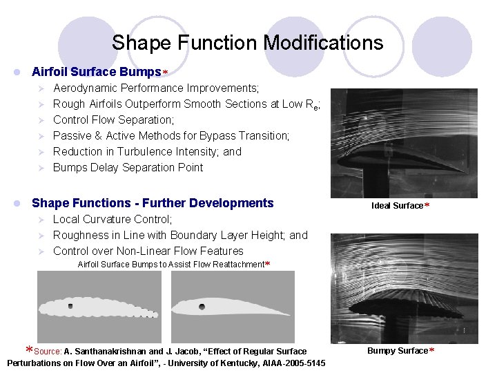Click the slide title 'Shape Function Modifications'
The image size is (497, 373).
[247, 43]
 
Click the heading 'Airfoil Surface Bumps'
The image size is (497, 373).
[96, 72]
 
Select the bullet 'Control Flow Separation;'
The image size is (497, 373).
[113, 119]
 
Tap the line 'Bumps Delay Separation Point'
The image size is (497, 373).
[128, 167]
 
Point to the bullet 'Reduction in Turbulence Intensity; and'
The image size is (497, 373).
[147, 151]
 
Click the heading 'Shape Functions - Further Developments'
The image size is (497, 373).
[153, 203]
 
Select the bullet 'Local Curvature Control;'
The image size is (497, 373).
[113, 219]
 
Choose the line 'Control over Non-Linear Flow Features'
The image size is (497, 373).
[148, 251]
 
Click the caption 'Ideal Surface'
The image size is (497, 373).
[397, 206]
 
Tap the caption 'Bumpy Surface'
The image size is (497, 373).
[397, 351]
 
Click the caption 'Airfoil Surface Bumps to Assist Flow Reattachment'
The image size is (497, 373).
[170, 265]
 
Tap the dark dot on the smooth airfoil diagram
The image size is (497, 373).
[202, 307]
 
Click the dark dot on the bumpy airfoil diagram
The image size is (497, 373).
[70, 305]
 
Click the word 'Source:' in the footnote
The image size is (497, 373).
[48, 352]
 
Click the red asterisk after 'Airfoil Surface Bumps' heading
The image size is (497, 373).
[166, 73]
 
